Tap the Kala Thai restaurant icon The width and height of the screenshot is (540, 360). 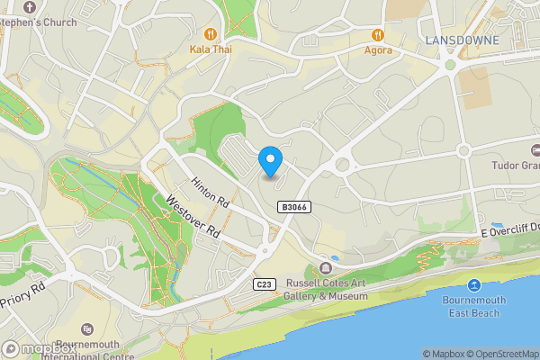pyautogui.click(x=211, y=33)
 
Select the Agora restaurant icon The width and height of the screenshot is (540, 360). pyautogui.click(x=379, y=34)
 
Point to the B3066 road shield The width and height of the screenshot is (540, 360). pyautogui.click(x=293, y=207)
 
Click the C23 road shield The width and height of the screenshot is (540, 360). pyautogui.click(x=263, y=284)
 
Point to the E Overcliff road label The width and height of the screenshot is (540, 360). pyautogui.click(x=508, y=230)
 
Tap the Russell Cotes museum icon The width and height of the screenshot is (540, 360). pyautogui.click(x=326, y=267)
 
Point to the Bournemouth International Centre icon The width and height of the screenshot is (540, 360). pyautogui.click(x=86, y=330)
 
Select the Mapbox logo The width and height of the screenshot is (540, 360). pyautogui.click(x=39, y=349)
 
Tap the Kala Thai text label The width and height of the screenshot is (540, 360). pyautogui.click(x=211, y=49)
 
